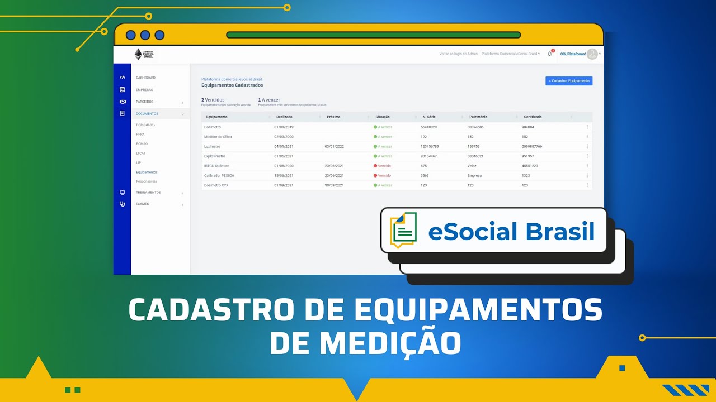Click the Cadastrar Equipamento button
pos(569,81)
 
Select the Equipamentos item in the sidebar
pos(147,172)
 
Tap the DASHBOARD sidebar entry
pos(145,78)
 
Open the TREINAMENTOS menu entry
pos(148,192)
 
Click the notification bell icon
pos(549,54)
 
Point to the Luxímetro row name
pos(212,146)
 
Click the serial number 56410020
pos(428,127)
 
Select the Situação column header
pos(383,117)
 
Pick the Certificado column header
pos(533,117)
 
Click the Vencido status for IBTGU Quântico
pos(384,166)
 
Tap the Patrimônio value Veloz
pos(472,166)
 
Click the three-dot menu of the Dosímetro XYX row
pos(587,185)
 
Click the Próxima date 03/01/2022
pos(334,146)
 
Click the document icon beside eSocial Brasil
pos(403,229)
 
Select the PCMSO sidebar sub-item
pos(142,143)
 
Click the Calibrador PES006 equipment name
pos(219,175)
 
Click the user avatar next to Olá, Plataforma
pos(592,54)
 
